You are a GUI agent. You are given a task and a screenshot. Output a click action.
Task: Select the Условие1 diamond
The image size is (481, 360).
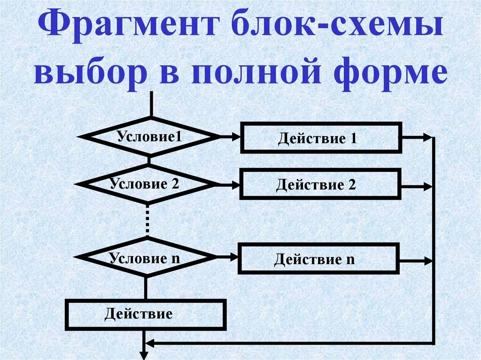(x=149, y=137)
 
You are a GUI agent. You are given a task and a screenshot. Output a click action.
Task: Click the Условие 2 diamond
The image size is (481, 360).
(x=146, y=184)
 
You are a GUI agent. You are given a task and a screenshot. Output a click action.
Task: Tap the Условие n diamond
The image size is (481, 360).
(x=146, y=257)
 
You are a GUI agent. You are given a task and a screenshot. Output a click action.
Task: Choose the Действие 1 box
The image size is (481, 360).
(x=321, y=138)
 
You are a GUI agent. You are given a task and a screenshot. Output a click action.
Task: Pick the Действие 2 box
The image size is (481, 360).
(x=320, y=184)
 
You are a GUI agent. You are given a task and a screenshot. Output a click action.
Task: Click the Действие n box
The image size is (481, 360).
(x=318, y=258)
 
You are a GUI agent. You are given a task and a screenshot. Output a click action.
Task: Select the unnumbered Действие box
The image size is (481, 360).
(x=145, y=314)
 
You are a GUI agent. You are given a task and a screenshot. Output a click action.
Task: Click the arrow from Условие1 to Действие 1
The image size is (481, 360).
(x=230, y=137)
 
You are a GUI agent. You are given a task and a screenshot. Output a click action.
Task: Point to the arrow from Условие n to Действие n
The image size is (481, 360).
(x=228, y=257)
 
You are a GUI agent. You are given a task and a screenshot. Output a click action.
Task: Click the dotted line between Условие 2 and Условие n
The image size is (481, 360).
(x=147, y=220)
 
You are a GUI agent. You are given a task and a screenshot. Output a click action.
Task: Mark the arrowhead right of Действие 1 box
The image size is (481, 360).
(x=427, y=138)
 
